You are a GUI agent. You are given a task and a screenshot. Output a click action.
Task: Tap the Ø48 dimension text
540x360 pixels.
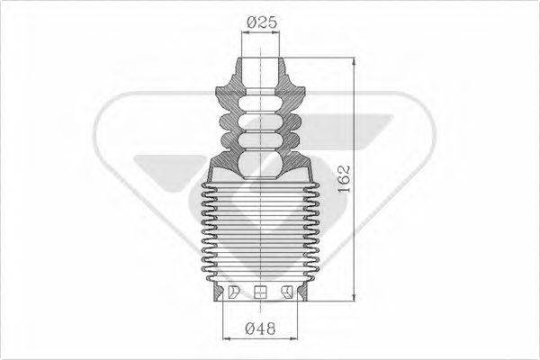pos(261,329)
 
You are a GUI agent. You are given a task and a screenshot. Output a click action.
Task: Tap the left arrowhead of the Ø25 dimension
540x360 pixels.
pos(246,32)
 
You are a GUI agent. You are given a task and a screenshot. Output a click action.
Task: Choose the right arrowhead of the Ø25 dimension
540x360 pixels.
pos(277,32)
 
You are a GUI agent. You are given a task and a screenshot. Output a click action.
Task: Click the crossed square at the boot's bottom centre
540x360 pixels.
pos(262,292)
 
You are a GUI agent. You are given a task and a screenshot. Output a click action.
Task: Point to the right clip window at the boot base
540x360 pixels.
pos(288,291)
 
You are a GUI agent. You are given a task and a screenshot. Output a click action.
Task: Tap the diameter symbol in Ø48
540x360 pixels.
pos(250,329)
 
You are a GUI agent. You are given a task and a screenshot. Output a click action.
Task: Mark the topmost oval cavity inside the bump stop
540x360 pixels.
pos(261,99)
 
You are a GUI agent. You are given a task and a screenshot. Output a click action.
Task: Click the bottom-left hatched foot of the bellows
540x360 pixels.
pos(215,292)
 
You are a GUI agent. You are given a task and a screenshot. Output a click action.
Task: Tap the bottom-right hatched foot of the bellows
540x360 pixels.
pos(308,292)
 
